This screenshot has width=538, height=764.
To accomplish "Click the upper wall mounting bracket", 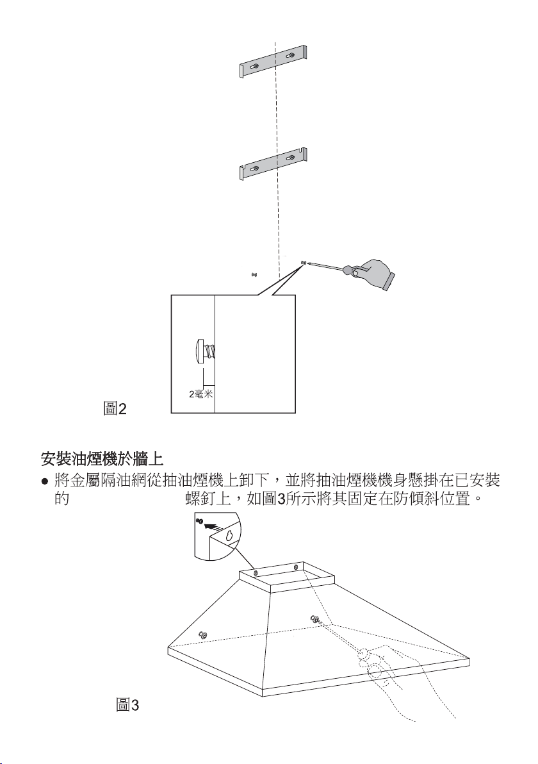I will point(274,63).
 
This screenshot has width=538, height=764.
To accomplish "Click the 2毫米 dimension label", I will point(201,393).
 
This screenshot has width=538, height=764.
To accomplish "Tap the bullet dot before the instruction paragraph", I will point(45,481).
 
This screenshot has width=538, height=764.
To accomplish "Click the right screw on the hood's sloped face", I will point(315,619).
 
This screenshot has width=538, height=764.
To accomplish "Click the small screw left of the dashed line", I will point(254,275).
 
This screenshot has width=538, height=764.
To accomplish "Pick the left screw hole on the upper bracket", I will point(256,66).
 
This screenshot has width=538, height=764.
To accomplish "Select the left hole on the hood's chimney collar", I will point(256,572).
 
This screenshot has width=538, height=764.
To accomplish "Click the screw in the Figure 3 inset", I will point(200,522).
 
